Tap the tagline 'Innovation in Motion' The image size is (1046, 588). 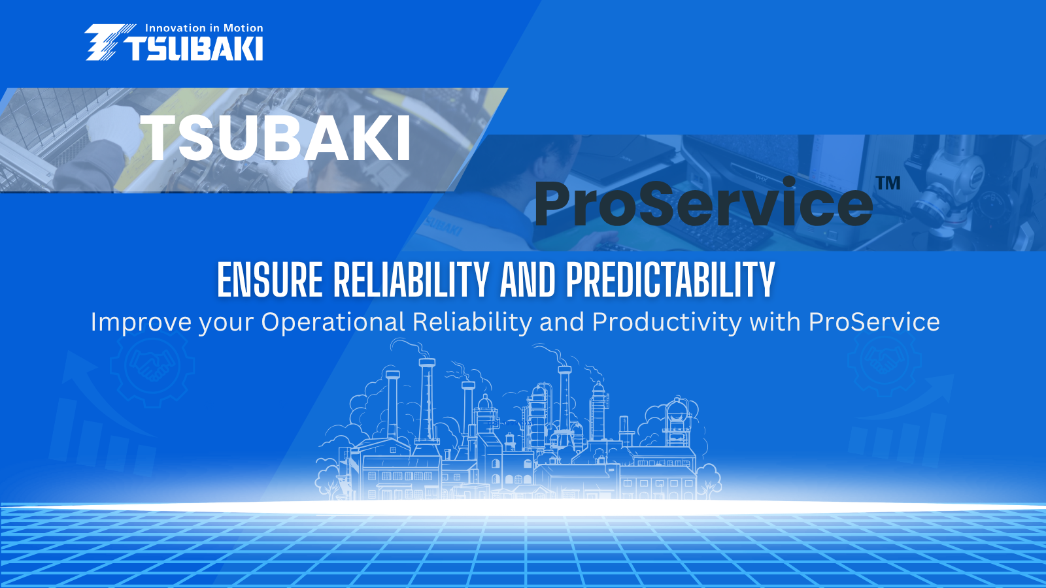pyautogui.click(x=204, y=28)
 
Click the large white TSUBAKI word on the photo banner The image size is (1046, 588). pyautogui.click(x=275, y=138)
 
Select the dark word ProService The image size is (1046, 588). pyautogui.click(x=703, y=203)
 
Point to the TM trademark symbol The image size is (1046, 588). pyautogui.click(x=888, y=183)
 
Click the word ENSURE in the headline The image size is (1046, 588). pyautogui.click(x=270, y=280)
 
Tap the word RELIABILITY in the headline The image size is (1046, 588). pyautogui.click(x=411, y=280)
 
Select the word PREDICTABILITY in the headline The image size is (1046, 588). pyautogui.click(x=671, y=280)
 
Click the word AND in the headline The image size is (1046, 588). pyautogui.click(x=528, y=280)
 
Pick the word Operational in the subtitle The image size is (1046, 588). pyautogui.click(x=333, y=322)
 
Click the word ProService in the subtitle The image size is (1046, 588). pyautogui.click(x=874, y=322)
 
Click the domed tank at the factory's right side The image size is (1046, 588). pyautogui.click(x=677, y=412)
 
